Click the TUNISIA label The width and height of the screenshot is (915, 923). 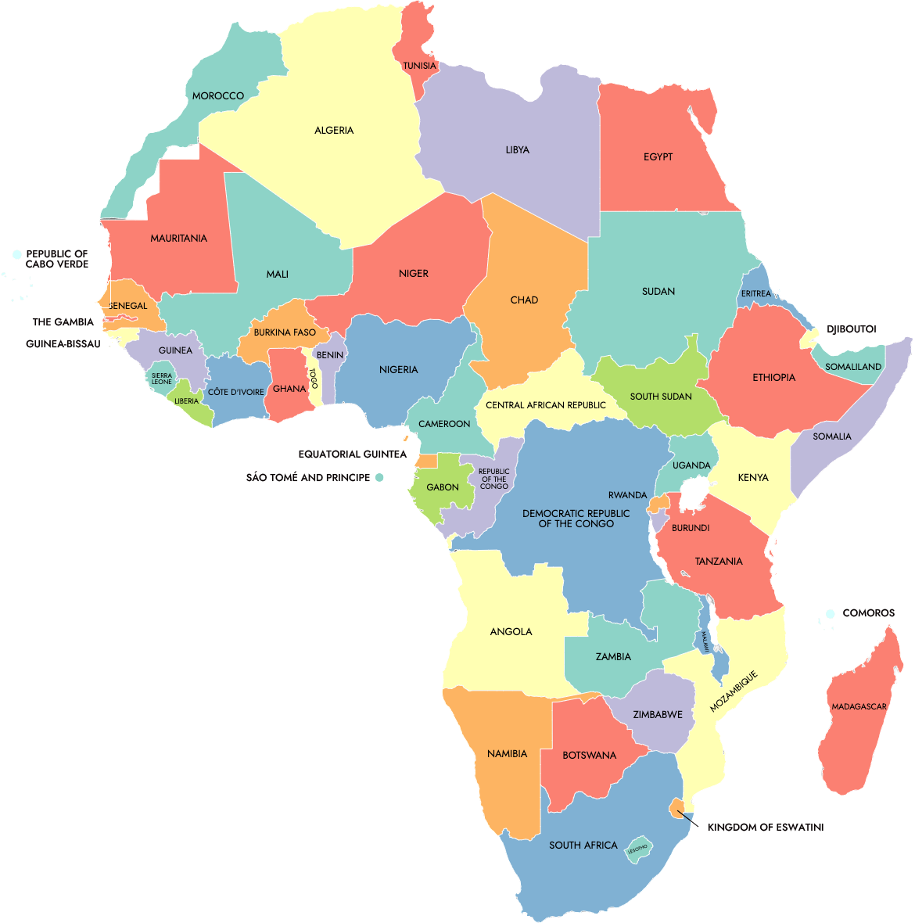(420, 66)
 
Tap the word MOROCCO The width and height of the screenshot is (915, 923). (218, 95)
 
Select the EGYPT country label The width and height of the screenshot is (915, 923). (658, 156)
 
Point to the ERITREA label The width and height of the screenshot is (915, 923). (756, 293)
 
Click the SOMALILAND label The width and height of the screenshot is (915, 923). (853, 367)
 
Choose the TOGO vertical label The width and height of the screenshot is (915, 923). (314, 379)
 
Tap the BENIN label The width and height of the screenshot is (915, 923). (330, 355)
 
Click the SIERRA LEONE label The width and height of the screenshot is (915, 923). (162, 379)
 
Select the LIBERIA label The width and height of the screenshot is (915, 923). (186, 401)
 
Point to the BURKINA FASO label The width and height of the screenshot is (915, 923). (285, 332)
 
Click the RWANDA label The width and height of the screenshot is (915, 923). (628, 495)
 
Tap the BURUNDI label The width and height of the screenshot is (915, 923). (691, 528)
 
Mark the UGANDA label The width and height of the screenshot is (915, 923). (691, 465)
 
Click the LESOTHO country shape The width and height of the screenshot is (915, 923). (638, 849)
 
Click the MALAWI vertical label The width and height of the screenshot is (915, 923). (705, 642)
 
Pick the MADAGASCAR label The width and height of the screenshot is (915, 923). (859, 706)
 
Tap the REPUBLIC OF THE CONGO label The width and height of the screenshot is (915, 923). (494, 479)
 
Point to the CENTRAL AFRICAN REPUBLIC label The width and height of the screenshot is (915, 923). (546, 405)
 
